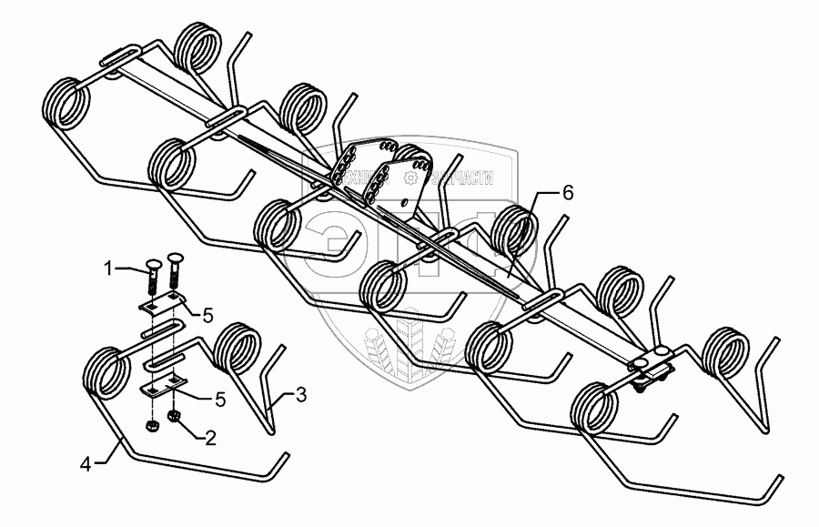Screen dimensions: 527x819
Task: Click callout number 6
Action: click(567, 193)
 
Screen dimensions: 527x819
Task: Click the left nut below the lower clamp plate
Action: click(150, 425)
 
